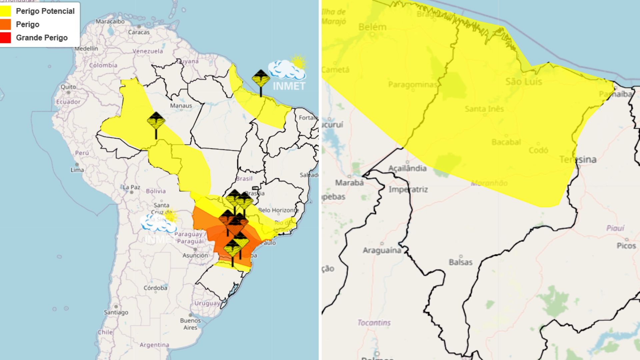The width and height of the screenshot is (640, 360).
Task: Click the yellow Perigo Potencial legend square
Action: coord(6,11)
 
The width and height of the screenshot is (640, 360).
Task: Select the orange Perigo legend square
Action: coord(6,24)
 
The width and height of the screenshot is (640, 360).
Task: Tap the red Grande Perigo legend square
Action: coord(6,38)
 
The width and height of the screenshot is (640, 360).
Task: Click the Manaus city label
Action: coord(181,106)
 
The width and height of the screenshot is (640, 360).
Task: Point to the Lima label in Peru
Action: coord(77,170)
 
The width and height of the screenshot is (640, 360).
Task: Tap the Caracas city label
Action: coord(139,32)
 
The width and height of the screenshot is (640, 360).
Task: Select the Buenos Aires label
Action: coord(190,324)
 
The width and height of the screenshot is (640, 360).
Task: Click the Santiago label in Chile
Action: coord(116,312)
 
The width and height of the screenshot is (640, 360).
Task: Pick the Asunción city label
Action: coord(195,255)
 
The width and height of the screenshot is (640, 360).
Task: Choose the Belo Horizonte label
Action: coord(278,210)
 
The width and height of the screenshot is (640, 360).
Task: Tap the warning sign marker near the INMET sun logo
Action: coord(261,79)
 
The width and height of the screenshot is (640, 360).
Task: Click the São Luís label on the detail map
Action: coord(524,82)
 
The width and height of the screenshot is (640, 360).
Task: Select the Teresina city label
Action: coord(578,159)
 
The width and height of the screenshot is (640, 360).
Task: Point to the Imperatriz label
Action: coord(408,189)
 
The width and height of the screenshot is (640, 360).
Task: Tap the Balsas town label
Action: coord(461,262)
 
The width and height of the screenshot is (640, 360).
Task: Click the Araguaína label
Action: coord(382,250)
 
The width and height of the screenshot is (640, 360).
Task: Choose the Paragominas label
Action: coord(413,84)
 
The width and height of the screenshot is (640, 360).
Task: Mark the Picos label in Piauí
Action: coord(626,246)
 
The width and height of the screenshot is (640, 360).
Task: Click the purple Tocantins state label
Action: coord(374,322)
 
